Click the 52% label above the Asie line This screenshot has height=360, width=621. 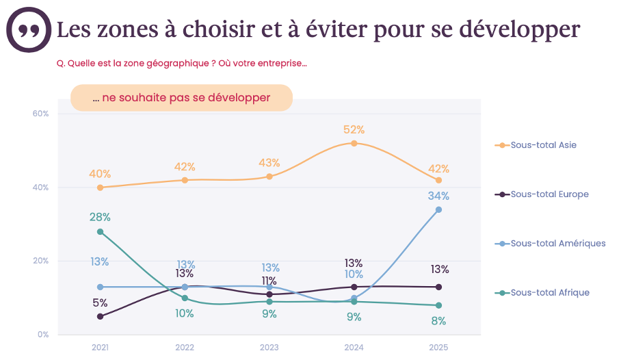pyautogui.click(x=354, y=130)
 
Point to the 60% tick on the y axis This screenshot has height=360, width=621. pyautogui.click(x=40, y=114)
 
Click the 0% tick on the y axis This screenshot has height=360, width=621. pyautogui.click(x=42, y=335)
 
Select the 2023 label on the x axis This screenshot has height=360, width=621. pyautogui.click(x=269, y=348)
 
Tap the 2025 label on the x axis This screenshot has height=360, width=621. pyautogui.click(x=438, y=348)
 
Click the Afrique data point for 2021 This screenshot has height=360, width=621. pyautogui.click(x=101, y=232)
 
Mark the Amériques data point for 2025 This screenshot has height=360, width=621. pyautogui.click(x=438, y=209)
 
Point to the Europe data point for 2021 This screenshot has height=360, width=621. pyautogui.click(x=101, y=316)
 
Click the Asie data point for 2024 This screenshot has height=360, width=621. pyautogui.click(x=354, y=143)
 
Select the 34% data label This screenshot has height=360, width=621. pyautogui.click(x=438, y=196)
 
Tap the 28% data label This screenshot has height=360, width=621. pyautogui.click(x=100, y=218)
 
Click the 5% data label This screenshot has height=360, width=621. pyautogui.click(x=100, y=303)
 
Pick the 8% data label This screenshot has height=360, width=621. pyautogui.click(x=438, y=320)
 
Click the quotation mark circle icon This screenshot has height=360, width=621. pyautogui.click(x=29, y=30)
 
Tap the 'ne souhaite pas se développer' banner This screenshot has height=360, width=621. pyautogui.click(x=181, y=98)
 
